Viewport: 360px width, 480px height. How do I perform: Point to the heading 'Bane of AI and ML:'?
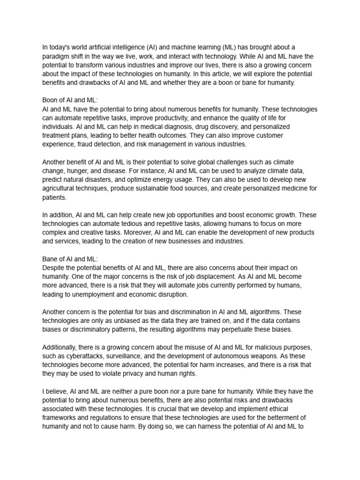[70, 259]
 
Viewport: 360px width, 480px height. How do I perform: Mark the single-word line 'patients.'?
[54, 197]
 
